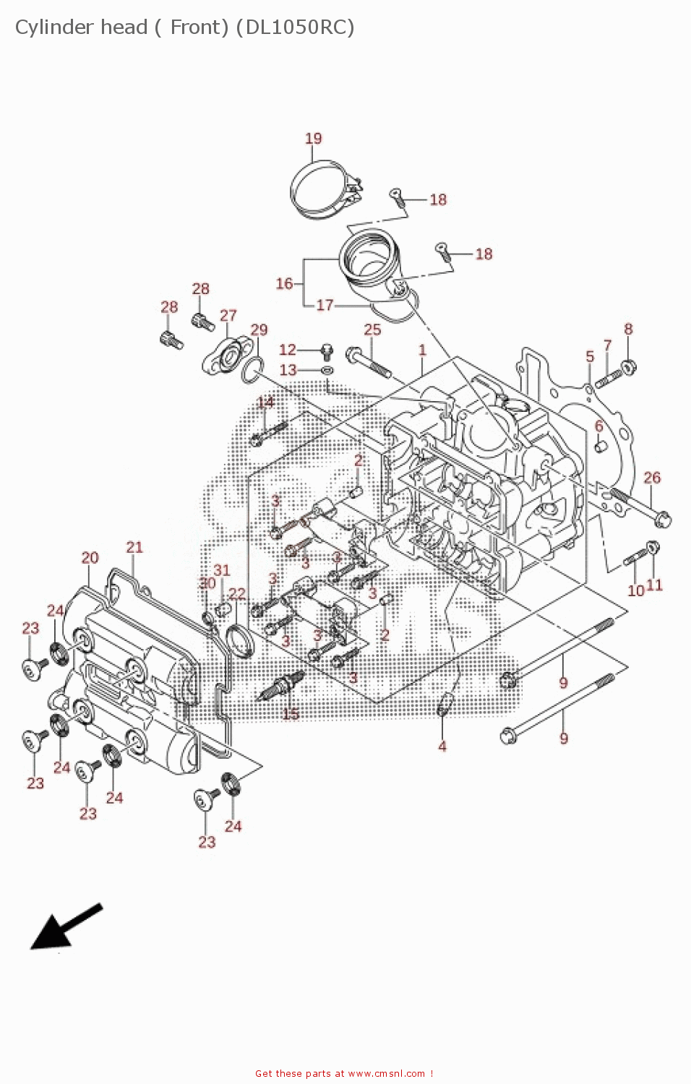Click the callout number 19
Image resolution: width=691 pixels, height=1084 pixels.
pos(313,138)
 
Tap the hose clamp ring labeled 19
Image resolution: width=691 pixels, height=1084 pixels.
pos(318,189)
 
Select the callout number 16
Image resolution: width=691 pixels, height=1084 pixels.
pos(284,283)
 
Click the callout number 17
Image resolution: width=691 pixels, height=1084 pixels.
pos(325,305)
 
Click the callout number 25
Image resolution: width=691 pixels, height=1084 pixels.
pos(372,330)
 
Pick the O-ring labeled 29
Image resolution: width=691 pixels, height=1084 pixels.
pos(250,371)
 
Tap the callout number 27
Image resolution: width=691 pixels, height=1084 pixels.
pos(228,315)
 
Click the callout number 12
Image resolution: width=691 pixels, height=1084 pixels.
pos(288,350)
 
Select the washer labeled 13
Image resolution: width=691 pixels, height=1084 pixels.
pos(327,370)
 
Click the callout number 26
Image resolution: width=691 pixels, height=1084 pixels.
pos(652,478)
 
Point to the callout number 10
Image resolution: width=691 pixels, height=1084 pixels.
pos(635,590)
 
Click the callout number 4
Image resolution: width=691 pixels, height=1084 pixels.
pos(442,746)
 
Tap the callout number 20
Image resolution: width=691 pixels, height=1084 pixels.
pos(90,557)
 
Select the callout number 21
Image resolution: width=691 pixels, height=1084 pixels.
pos(134,547)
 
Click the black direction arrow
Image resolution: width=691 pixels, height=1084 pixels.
pos(61,928)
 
